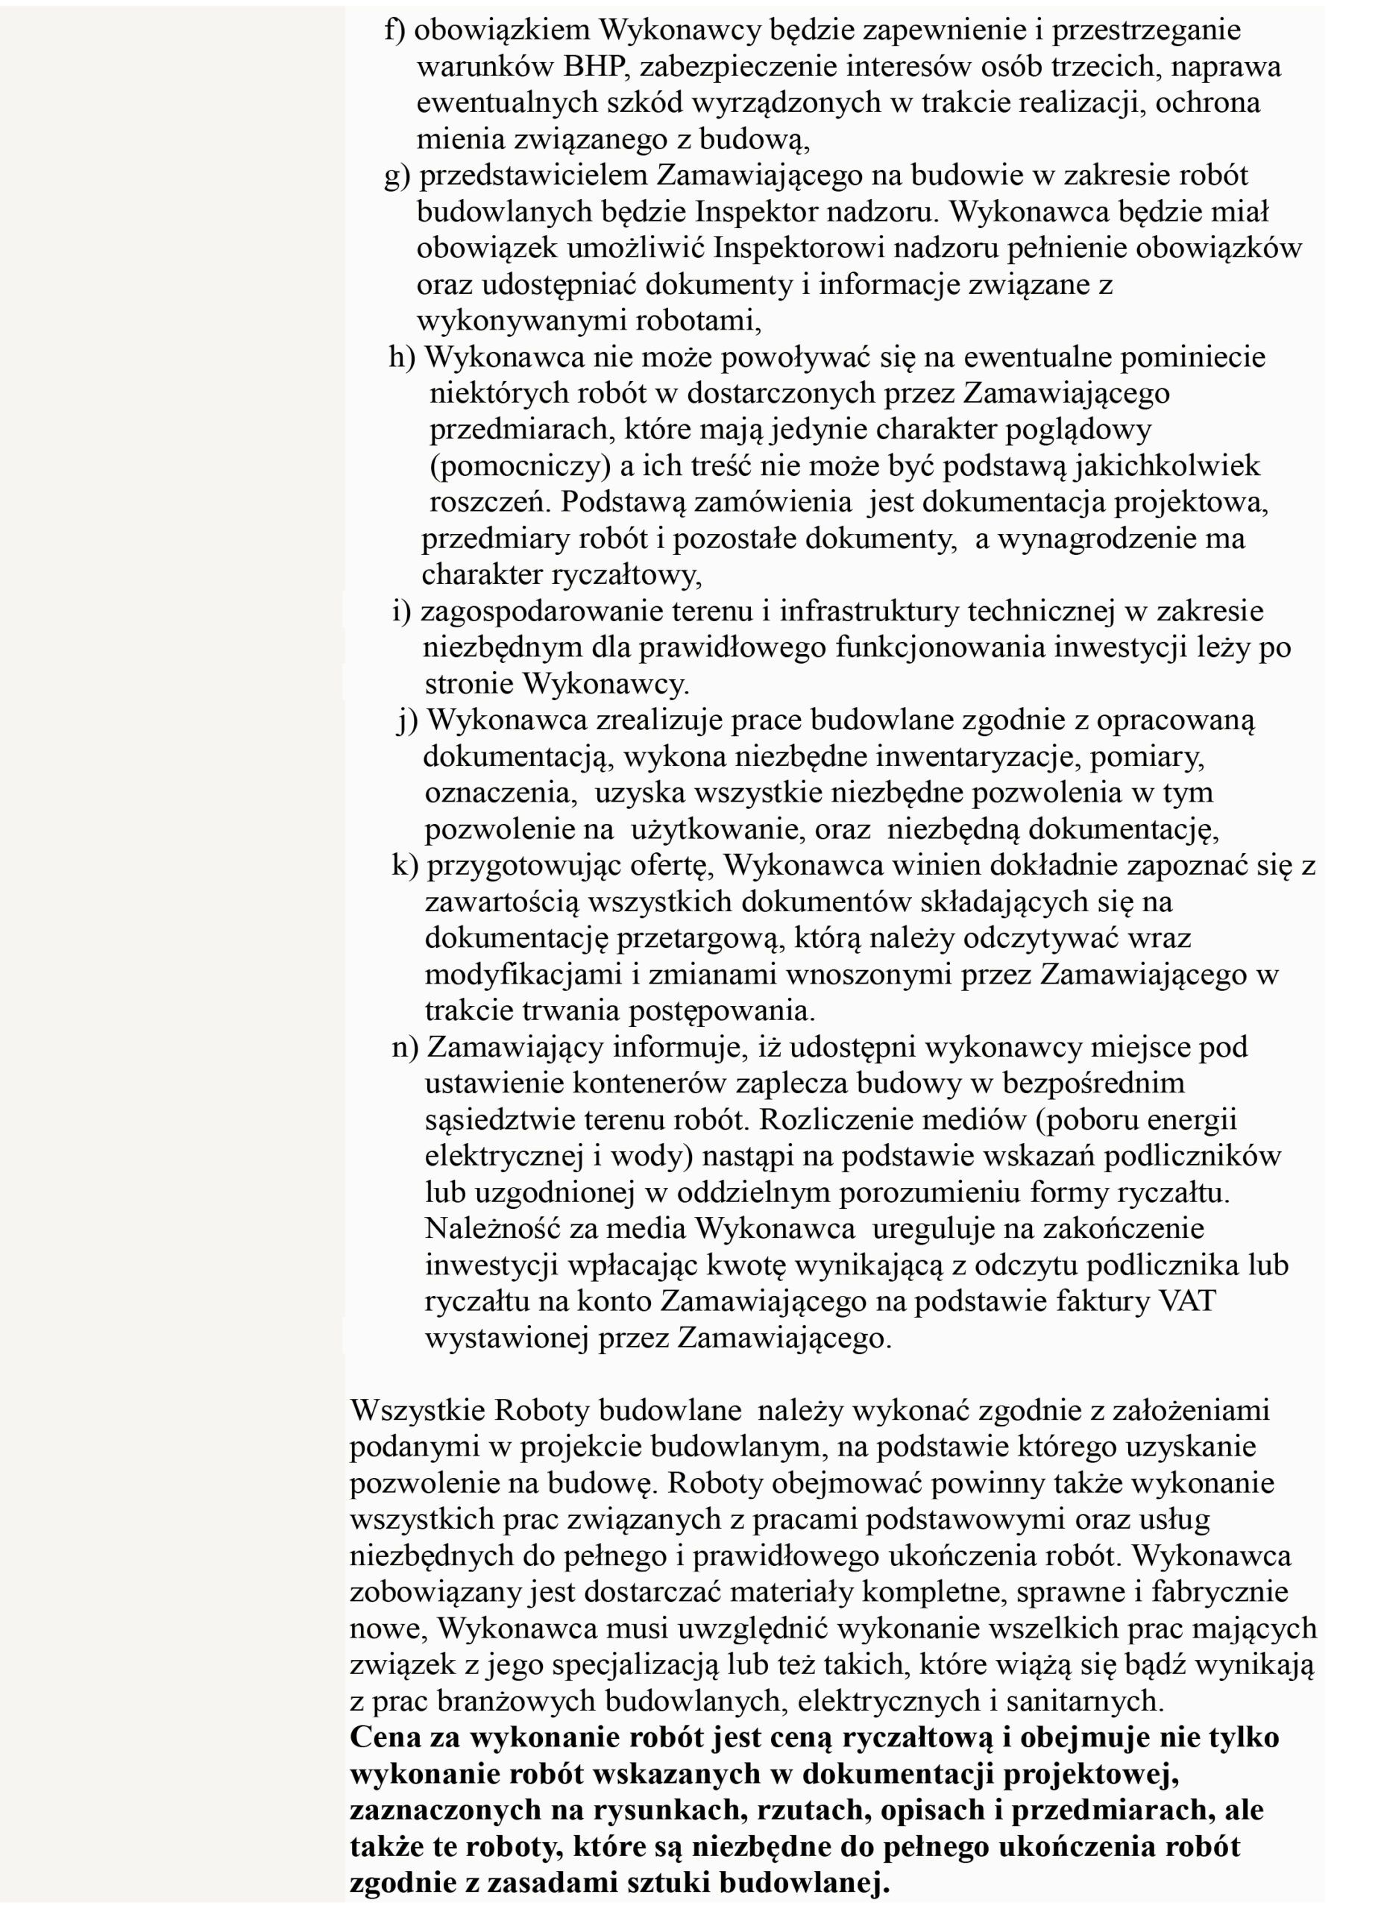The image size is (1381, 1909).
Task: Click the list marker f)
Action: pos(395,31)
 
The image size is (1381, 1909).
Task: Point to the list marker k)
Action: pos(405,866)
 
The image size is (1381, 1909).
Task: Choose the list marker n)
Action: pos(405,1048)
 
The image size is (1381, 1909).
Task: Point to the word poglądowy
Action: pos(1080,430)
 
